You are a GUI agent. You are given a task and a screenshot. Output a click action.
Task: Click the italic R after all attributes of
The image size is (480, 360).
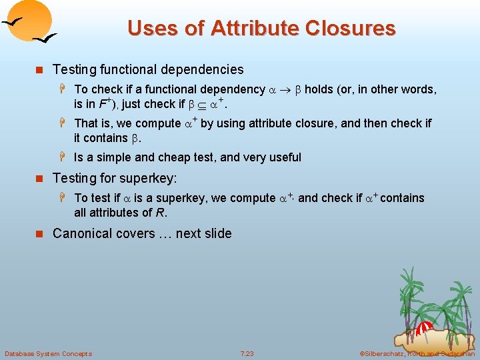click(x=161, y=213)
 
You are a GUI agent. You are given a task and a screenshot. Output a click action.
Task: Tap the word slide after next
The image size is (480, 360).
click(x=217, y=233)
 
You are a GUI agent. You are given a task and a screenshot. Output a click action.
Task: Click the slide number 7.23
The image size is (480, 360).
click(x=247, y=353)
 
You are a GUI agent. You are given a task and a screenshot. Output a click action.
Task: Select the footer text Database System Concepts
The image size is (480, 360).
click(x=48, y=353)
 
